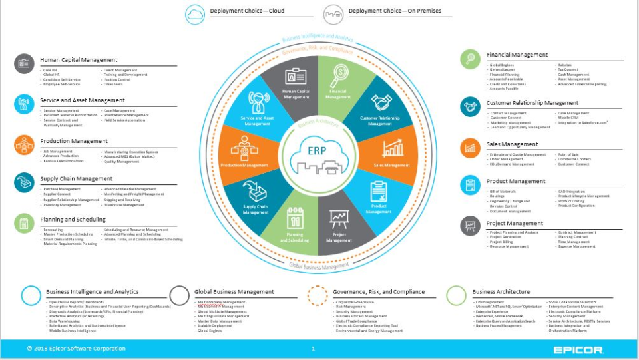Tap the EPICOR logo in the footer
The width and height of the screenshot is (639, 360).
point(578,349)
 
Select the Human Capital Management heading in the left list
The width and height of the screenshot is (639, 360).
point(79,60)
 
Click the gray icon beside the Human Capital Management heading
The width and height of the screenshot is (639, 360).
point(24,63)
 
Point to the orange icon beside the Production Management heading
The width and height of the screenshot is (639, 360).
point(24,144)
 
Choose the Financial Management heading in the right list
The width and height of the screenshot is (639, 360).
point(517,55)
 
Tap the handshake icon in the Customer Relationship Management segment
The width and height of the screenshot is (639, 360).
point(381,102)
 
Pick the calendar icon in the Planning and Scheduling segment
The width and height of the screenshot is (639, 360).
point(295,218)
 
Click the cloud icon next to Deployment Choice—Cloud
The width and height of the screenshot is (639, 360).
point(196,13)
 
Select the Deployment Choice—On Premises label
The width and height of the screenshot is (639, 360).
point(395,11)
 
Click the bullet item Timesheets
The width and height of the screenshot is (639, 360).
point(112,85)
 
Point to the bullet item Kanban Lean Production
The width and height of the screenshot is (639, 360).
point(63,161)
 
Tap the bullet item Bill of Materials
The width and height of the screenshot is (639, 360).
point(504,192)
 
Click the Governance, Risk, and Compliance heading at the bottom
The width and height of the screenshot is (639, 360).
point(379,291)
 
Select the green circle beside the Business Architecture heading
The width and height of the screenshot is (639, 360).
point(456,295)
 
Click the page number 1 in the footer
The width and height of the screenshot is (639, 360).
point(313,349)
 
